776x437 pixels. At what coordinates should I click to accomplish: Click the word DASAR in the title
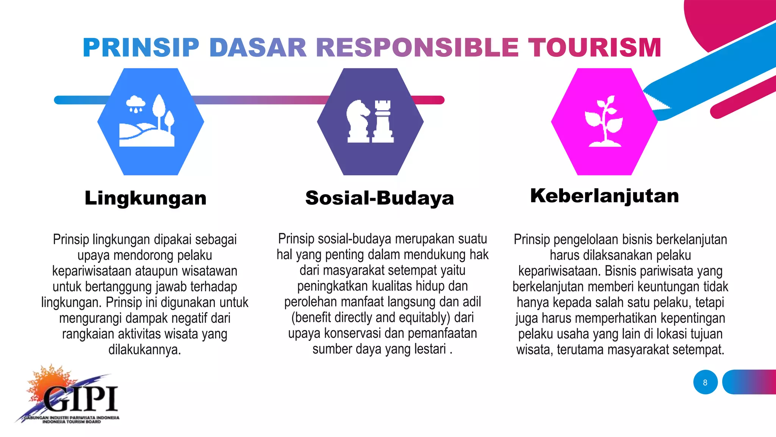tap(258, 48)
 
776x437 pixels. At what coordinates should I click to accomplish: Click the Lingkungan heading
tap(145, 198)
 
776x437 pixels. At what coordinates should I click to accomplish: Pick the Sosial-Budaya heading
tap(379, 198)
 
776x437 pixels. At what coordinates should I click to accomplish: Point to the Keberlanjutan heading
tap(604, 196)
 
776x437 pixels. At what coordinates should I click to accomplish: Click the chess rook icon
tap(383, 121)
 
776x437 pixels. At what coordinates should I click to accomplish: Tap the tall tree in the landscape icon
tap(159, 108)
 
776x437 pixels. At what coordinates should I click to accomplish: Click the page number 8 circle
tap(705, 382)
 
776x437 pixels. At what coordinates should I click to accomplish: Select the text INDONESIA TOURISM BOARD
tap(72, 421)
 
